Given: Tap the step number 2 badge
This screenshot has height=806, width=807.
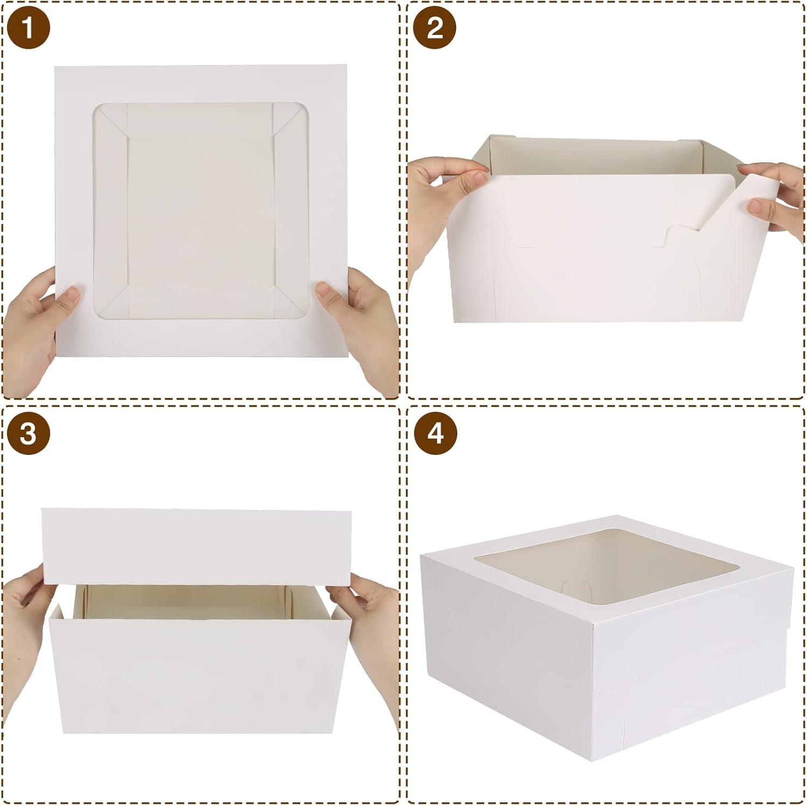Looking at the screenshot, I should tap(435, 27).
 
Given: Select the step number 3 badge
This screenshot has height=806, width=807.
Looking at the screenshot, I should tap(27, 433).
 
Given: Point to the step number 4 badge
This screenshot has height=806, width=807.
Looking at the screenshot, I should tap(435, 433).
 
